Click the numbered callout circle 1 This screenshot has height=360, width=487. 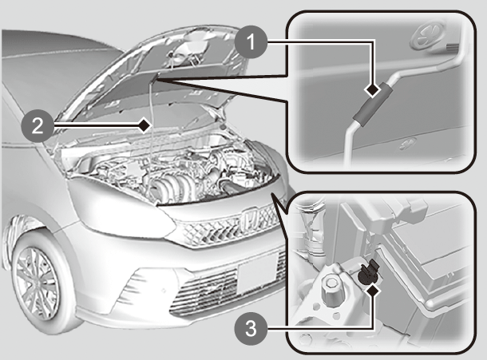251,42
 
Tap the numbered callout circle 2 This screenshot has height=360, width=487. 38,126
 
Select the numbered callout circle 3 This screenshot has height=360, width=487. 251,329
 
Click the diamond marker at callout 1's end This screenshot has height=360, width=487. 372,91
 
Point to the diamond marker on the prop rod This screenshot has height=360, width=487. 144,125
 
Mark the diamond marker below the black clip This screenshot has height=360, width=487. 372,292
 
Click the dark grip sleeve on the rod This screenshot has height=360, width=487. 373,105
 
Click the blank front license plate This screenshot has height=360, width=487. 257,271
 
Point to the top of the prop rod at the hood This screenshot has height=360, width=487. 156,77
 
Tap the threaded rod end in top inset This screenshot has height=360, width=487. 453,48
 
